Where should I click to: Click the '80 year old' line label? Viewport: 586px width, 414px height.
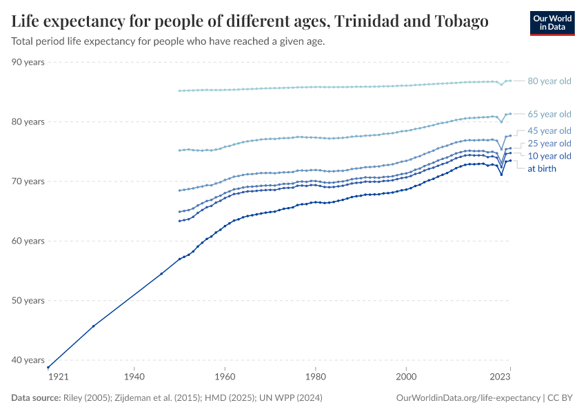point(549,81)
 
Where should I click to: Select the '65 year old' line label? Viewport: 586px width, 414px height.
point(549,114)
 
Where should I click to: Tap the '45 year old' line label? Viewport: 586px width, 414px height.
point(549,130)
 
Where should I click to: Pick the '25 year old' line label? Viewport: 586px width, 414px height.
point(549,144)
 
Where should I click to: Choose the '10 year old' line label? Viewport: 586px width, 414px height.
point(549,156)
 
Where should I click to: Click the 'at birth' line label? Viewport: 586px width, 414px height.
point(541,168)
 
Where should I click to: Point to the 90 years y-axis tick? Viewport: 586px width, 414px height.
point(28,62)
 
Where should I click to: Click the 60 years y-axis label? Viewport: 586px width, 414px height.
point(28,241)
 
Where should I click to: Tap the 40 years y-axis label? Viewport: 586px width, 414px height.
point(28,360)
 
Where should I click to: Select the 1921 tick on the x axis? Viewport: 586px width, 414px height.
point(57,377)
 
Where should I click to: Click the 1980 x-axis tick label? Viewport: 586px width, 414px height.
point(315,377)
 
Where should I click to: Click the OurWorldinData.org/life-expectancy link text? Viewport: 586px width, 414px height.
point(469,398)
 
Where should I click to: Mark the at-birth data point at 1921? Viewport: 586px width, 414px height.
point(48,367)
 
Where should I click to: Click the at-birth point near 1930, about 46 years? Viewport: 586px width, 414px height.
point(93,326)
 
